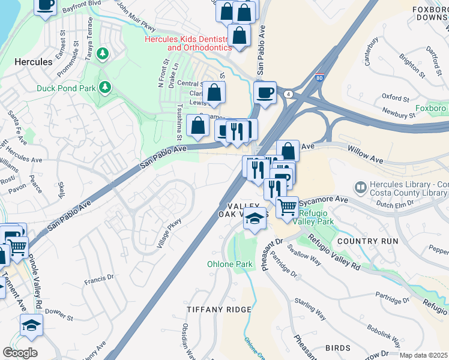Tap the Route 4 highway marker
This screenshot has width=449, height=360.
click(x=289, y=94)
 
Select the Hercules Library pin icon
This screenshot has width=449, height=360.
click(x=360, y=187)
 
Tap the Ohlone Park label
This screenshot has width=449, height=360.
click(x=230, y=264)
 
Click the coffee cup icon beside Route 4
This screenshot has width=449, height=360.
click(x=265, y=92)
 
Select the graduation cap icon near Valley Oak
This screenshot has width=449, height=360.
click(x=255, y=220)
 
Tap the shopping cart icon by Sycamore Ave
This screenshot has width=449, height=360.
click(x=288, y=207)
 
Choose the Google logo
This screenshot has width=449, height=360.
click(x=20, y=353)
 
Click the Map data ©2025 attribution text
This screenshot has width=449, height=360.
click(x=423, y=355)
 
